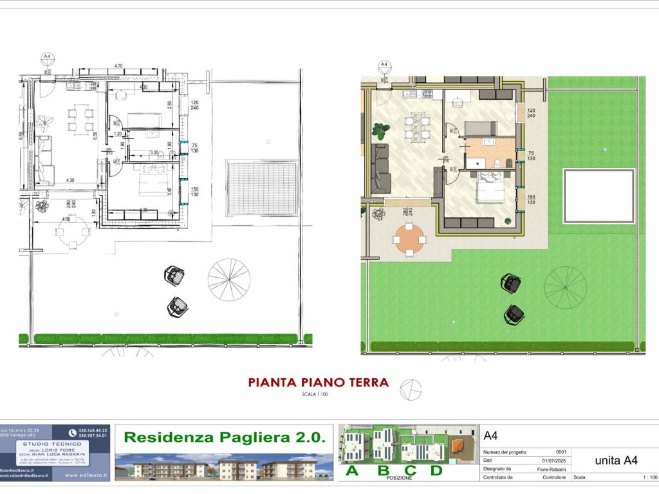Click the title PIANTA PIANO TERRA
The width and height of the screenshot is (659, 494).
point(319,383)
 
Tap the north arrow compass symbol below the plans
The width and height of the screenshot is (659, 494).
point(411,389)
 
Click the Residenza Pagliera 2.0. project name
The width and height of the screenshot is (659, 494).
point(224,437)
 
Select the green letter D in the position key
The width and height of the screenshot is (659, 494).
point(436,471)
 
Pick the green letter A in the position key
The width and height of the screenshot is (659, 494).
point(352,471)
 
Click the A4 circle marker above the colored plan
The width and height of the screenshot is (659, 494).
point(384,65)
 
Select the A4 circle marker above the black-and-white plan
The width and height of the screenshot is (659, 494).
point(46,57)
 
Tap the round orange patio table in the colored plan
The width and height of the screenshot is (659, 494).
point(409,239)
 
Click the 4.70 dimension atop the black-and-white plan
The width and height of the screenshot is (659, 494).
point(118,66)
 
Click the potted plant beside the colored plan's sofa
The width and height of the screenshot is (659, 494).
point(378,129)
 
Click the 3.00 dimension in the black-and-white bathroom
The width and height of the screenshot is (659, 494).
point(154,152)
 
